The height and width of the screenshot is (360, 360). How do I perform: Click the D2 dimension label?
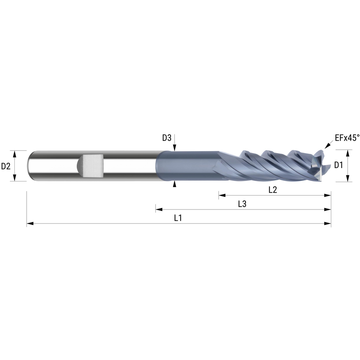coord(5,166)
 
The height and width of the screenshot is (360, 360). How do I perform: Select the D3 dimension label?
coord(166,138)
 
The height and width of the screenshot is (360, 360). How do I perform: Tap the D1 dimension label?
coord(338,166)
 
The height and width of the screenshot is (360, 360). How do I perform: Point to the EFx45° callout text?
coord(347,137)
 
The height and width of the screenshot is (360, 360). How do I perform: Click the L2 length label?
coord(273,190)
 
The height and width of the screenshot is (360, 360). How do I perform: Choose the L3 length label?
coord(242,204)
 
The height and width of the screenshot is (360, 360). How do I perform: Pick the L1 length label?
coord(178,218)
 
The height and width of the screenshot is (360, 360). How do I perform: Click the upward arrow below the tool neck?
coord(175,184)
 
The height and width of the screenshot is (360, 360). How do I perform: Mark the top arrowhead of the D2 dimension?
coord(15,154)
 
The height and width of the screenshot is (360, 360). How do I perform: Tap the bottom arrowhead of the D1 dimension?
coord(348,179)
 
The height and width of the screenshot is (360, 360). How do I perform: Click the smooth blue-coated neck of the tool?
coord(187,166)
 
